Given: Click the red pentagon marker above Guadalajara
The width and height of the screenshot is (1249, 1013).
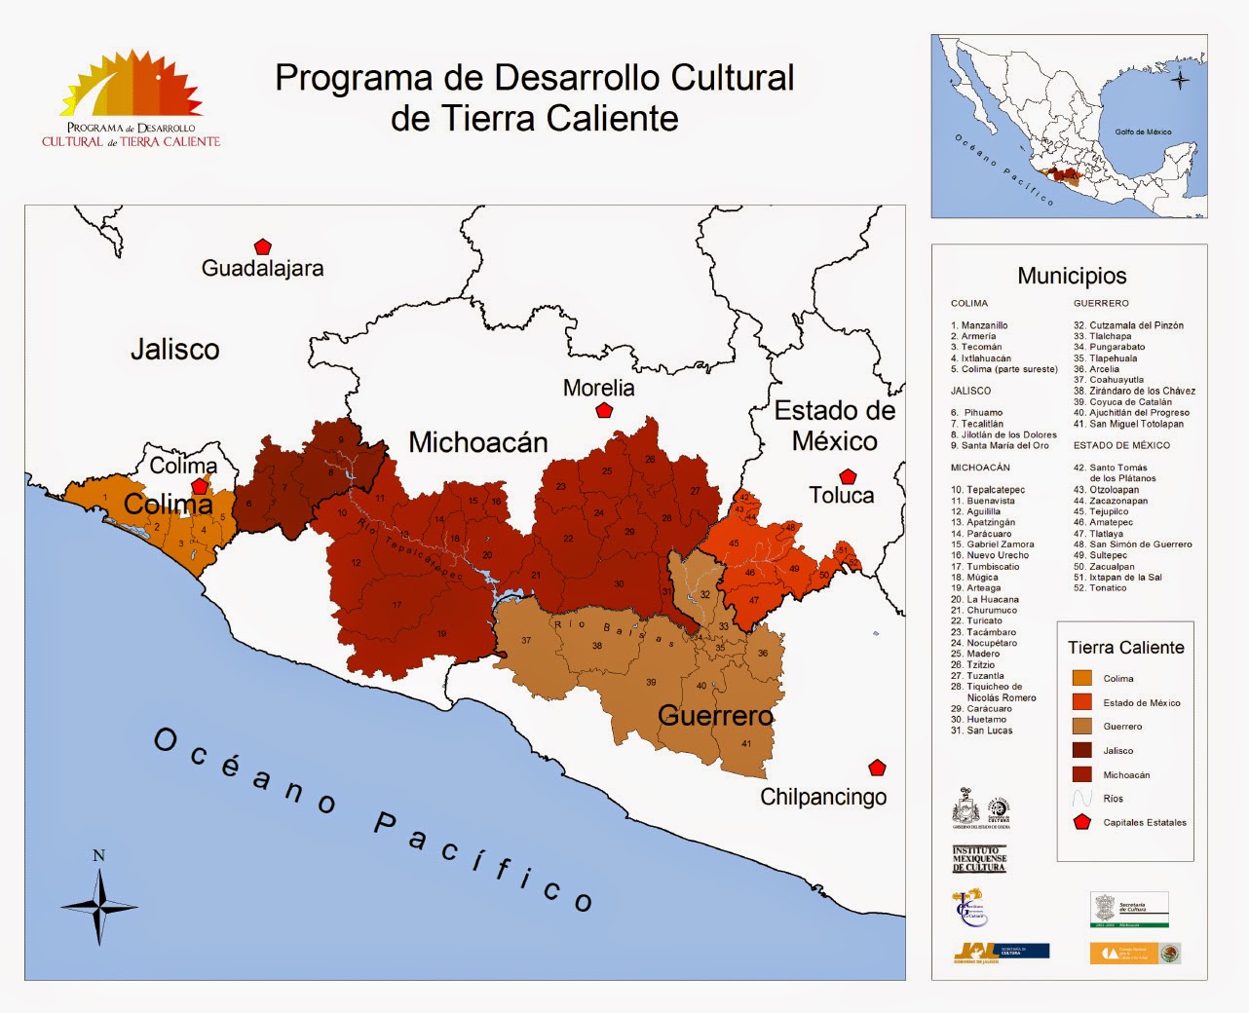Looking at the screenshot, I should click(262, 247).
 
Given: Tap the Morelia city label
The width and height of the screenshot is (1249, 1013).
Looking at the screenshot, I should click(598, 388).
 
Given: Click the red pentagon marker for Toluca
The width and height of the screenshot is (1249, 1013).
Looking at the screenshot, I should click(848, 476).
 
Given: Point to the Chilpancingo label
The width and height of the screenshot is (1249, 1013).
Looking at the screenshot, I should click(823, 797).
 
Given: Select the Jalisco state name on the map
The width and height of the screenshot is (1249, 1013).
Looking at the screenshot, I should click(175, 349).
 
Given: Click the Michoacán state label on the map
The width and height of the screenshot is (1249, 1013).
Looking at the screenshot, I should click(477, 442).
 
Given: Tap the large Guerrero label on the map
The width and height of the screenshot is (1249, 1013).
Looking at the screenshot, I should click(715, 716).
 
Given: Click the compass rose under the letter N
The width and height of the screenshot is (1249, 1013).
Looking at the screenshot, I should click(98, 906).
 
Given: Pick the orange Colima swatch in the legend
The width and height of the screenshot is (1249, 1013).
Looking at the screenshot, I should click(1081, 678).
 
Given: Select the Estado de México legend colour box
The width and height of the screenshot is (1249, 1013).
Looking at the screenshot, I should click(1081, 702).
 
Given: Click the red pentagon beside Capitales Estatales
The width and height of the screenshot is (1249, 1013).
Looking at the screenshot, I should click(1081, 822).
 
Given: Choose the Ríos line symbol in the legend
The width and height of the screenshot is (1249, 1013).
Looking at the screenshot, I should click(1081, 798).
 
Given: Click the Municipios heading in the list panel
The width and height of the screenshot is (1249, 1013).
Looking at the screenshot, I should click(1072, 276).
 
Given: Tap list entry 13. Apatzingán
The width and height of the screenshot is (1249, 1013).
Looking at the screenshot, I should click(983, 523).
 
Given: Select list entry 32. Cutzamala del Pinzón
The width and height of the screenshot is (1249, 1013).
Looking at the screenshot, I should click(1128, 325).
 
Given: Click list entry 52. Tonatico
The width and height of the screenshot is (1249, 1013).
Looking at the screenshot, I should click(1100, 588).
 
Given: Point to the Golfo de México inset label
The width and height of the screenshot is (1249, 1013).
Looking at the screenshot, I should click(1143, 131).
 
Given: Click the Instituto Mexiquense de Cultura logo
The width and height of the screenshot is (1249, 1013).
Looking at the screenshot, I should click(978, 859).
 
